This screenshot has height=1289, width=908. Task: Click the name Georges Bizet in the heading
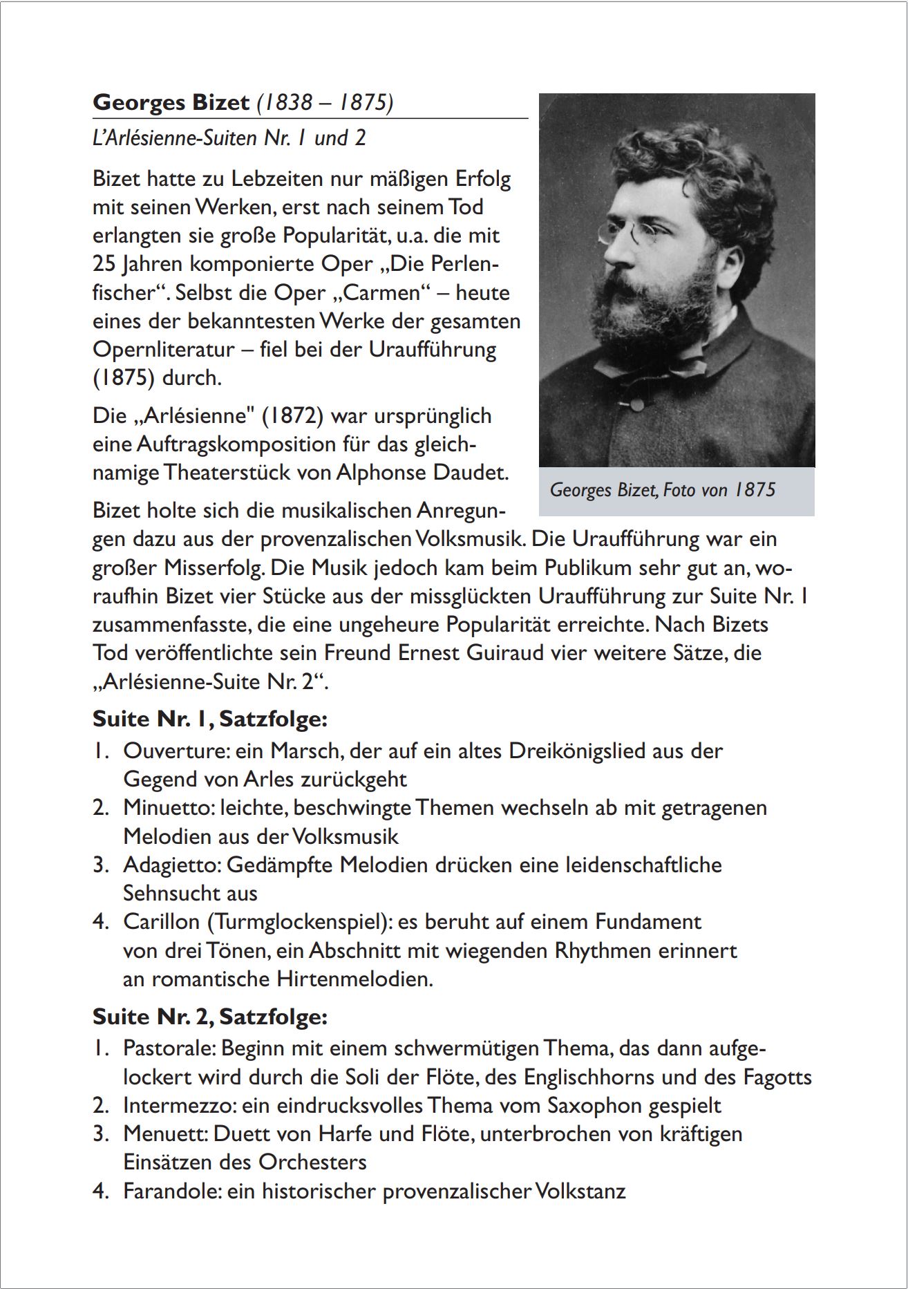click(x=171, y=102)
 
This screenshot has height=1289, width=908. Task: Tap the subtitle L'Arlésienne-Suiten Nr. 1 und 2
click(x=229, y=138)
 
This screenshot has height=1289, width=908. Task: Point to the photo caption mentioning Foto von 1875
click(x=662, y=490)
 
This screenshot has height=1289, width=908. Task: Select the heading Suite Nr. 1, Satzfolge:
click(x=209, y=719)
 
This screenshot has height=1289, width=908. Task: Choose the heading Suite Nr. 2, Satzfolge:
click(x=209, y=1017)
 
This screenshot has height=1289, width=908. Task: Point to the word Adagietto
click(x=171, y=865)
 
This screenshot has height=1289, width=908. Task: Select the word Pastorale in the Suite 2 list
click(x=169, y=1048)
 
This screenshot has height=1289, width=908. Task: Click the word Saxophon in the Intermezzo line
click(x=594, y=1105)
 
